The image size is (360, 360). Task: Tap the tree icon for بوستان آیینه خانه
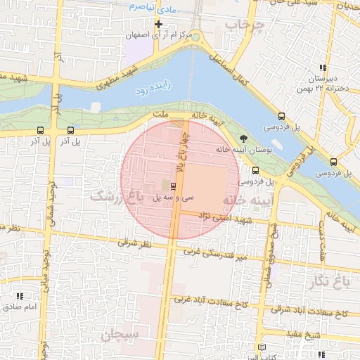(243, 138)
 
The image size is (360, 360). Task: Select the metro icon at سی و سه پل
(174, 186)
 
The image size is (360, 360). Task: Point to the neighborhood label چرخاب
(243, 26)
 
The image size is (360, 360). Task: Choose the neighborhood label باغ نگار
(333, 282)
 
